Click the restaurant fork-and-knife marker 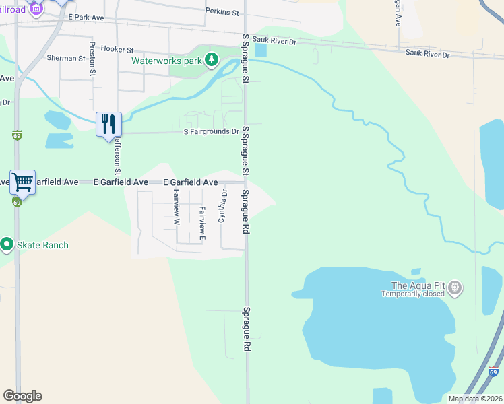pos(108,125)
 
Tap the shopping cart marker pos(22,182)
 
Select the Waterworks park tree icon pos(212,60)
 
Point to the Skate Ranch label pos(42,245)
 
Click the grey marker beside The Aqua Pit pos(455,288)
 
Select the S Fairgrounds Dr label pos(211,132)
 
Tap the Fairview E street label pos(201,224)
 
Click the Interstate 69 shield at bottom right pos(493,371)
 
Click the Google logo pos(22,396)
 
